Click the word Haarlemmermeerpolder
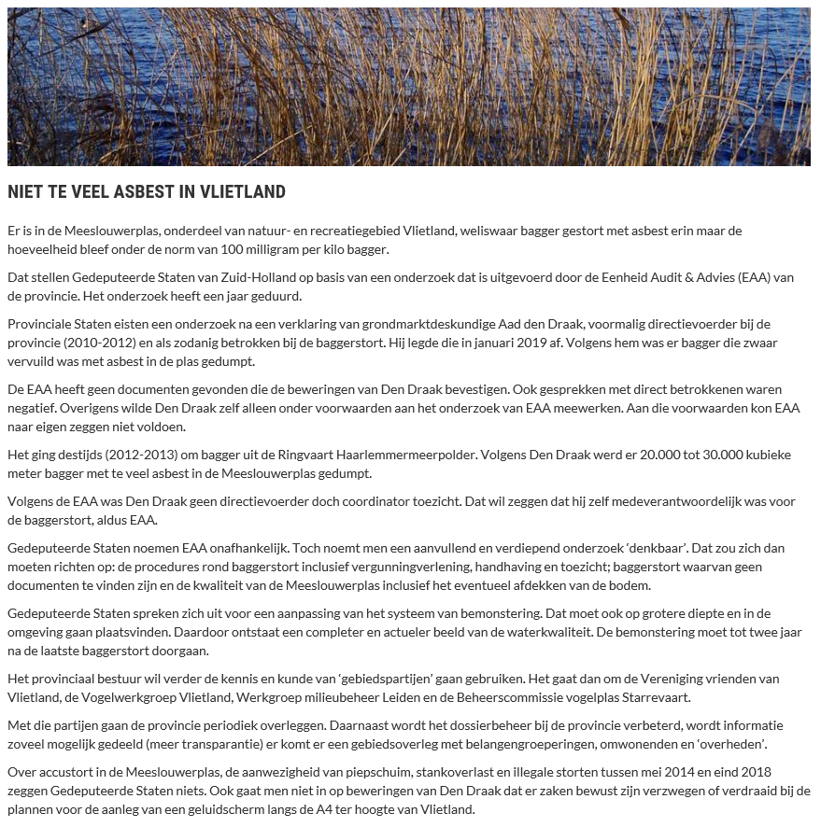374,455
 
